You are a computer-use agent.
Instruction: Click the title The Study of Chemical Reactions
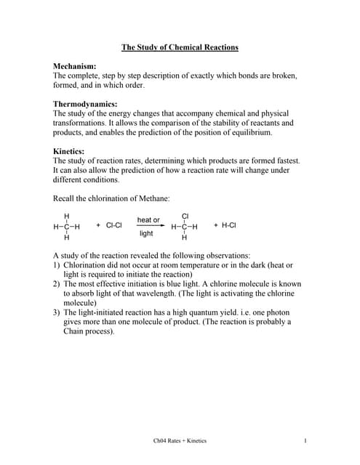pos(180,48)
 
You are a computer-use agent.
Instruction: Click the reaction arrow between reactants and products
pos(148,226)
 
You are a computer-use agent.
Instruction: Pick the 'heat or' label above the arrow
pos(148,219)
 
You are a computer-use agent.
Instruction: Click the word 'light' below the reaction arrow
pos(146,234)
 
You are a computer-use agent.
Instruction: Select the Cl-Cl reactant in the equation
pos(113,226)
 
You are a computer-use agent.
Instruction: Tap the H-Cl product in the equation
pos(228,226)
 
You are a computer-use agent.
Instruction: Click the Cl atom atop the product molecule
pos(185,216)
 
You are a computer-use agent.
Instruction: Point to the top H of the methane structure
pos(67,216)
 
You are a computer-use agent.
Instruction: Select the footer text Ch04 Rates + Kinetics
pos(180,440)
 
